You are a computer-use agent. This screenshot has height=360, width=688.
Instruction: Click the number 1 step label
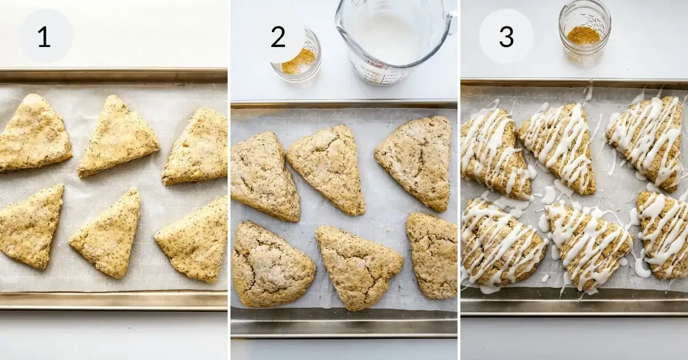(45, 36)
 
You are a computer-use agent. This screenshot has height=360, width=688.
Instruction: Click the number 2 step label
(278, 37)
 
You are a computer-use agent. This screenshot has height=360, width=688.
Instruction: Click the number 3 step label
(506, 37)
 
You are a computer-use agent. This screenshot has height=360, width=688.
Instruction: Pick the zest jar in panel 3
(584, 32)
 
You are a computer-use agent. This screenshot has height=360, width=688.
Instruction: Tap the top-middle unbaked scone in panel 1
(116, 136)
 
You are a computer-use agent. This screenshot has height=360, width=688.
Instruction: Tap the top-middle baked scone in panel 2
(329, 166)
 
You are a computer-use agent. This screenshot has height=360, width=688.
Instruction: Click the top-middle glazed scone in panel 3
(559, 146)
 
